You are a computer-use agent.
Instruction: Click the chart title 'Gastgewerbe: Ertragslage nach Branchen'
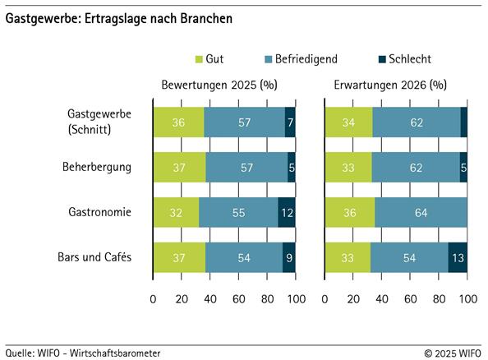pyautogui.click(x=119, y=17)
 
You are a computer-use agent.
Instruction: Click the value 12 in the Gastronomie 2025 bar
pyautogui.click(x=287, y=212)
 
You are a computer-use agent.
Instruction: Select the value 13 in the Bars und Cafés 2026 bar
pyautogui.click(x=458, y=257)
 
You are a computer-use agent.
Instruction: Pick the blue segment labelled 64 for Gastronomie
pyautogui.click(x=421, y=212)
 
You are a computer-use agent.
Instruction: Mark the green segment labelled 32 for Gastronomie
pyautogui.click(x=176, y=212)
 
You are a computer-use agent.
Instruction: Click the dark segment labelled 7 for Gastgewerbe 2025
pyautogui.click(x=290, y=122)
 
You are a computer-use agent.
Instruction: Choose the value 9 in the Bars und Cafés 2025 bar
pyautogui.click(x=288, y=257)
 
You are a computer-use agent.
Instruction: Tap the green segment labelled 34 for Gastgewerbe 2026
pyautogui.click(x=349, y=122)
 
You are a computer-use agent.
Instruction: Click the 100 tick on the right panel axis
pyautogui.click(x=467, y=298)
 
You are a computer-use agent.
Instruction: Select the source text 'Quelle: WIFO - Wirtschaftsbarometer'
pyautogui.click(x=83, y=353)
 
